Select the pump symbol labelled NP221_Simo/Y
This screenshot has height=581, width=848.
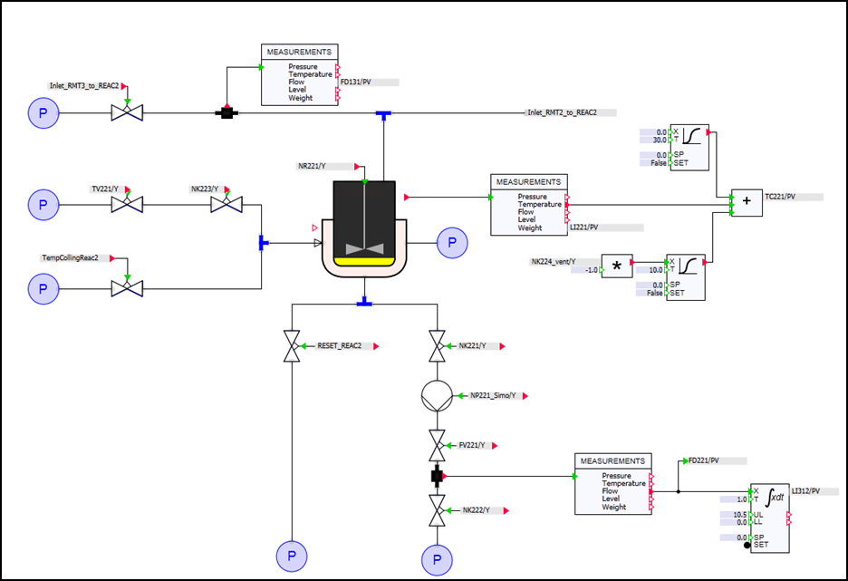pyautogui.click(x=437, y=396)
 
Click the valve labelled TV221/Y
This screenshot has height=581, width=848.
pyautogui.click(x=127, y=205)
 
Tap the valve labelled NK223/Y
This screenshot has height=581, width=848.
pyautogui.click(x=226, y=205)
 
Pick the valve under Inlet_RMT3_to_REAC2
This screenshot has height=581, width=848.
pyautogui.click(x=127, y=113)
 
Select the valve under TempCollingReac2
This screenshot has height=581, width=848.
pyautogui.click(x=127, y=288)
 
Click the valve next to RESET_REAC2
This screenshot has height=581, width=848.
pyautogui.click(x=292, y=346)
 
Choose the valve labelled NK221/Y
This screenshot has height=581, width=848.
pyautogui.click(x=437, y=346)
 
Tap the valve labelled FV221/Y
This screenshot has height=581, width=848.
pyautogui.click(x=437, y=446)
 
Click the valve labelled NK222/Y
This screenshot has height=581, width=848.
pyautogui.click(x=437, y=510)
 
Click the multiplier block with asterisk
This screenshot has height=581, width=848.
pyautogui.click(x=617, y=266)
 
